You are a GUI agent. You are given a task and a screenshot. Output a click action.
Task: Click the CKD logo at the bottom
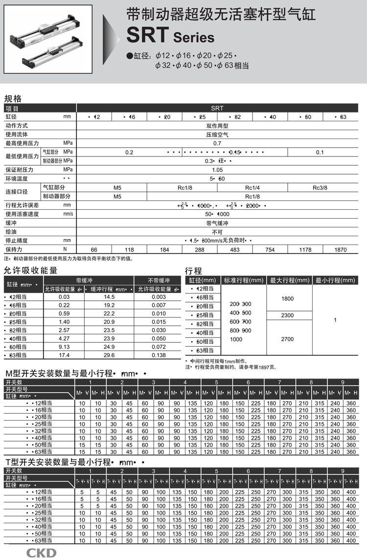pos(41,553)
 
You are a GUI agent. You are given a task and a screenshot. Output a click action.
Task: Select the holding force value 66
pos(94,249)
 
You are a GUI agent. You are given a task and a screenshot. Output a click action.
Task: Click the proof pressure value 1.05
pos(217,170)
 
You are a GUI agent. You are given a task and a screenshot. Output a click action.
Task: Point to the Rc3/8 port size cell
pos(320,187)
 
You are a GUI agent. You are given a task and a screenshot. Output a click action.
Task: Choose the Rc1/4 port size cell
pos(252,187)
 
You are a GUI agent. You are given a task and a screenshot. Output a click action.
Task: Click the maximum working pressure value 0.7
pos(217,143)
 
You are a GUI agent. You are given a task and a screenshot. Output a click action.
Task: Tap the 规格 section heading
pos(13,98)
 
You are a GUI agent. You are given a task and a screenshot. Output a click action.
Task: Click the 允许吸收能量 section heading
pos(30,270)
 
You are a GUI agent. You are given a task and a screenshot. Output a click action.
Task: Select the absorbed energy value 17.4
pos(64,355)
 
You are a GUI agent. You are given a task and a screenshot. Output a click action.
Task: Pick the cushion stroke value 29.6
pos(109,355)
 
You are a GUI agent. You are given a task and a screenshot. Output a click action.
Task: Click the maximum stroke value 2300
pos(288,315)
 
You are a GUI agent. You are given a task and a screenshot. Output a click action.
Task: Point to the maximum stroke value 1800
pos(288,298)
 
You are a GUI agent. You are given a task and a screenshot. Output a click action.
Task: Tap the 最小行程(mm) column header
pos(335,280)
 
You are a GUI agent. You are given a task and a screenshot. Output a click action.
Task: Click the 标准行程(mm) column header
pos(243,280)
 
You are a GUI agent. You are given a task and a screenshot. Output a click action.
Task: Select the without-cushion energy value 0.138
pos(159,355)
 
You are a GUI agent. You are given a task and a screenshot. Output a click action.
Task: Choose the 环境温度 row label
pos(17,179)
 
